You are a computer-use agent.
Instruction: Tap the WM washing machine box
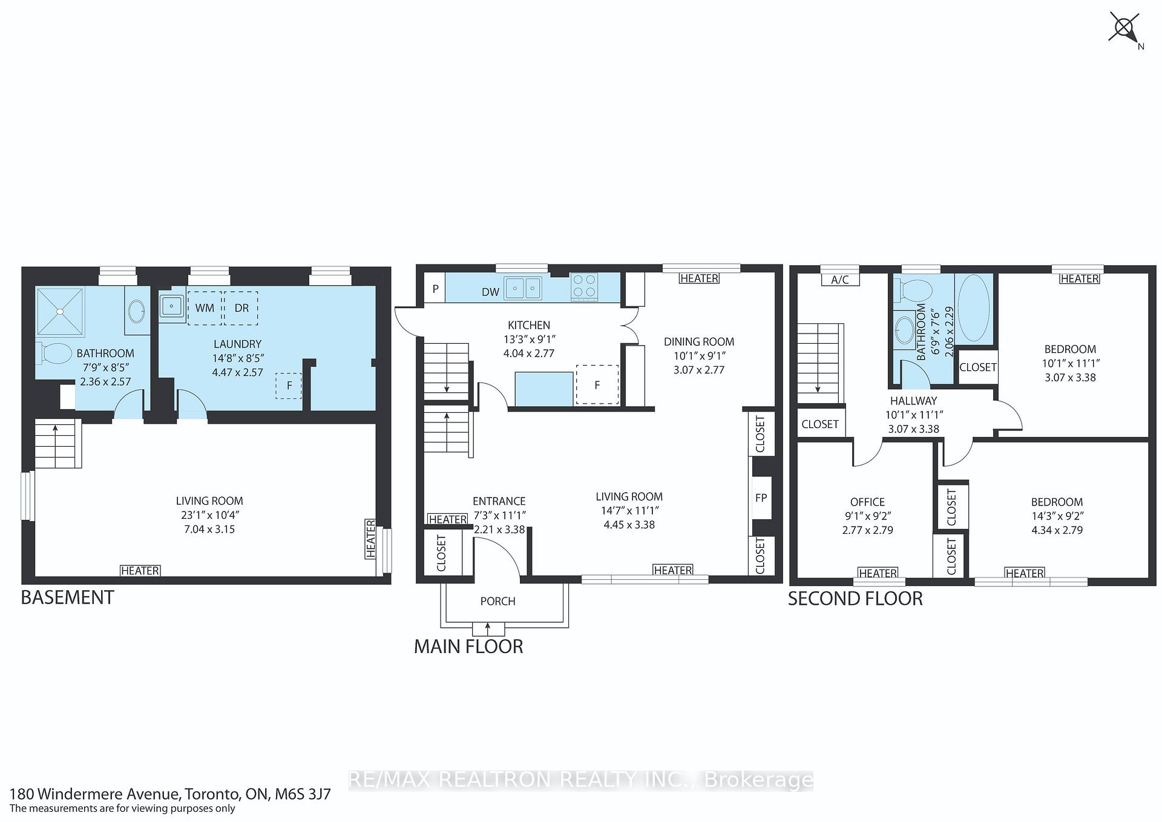pos(205,307)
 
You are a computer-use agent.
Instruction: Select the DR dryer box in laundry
pos(241,307)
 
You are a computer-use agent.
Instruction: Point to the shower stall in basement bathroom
pos(60,311)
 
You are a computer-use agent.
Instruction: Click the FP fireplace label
pos(761,498)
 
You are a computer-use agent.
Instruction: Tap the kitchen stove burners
pos(584,286)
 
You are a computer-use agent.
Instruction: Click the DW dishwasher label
pos(490,292)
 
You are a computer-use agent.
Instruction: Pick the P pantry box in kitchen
pos(435,289)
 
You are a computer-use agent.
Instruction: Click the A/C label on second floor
pos(840,279)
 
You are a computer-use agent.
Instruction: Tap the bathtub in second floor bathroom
pos(974,308)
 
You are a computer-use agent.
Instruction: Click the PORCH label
pos(497,601)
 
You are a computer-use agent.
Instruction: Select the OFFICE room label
pos(867,502)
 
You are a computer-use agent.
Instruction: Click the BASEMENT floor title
pos(67,597)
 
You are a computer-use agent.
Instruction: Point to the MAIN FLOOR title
pos(468,646)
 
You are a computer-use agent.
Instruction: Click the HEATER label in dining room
pos(699,278)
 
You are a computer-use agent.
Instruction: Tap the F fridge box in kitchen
pos(597,384)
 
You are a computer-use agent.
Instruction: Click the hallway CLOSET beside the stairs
pos(819,424)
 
